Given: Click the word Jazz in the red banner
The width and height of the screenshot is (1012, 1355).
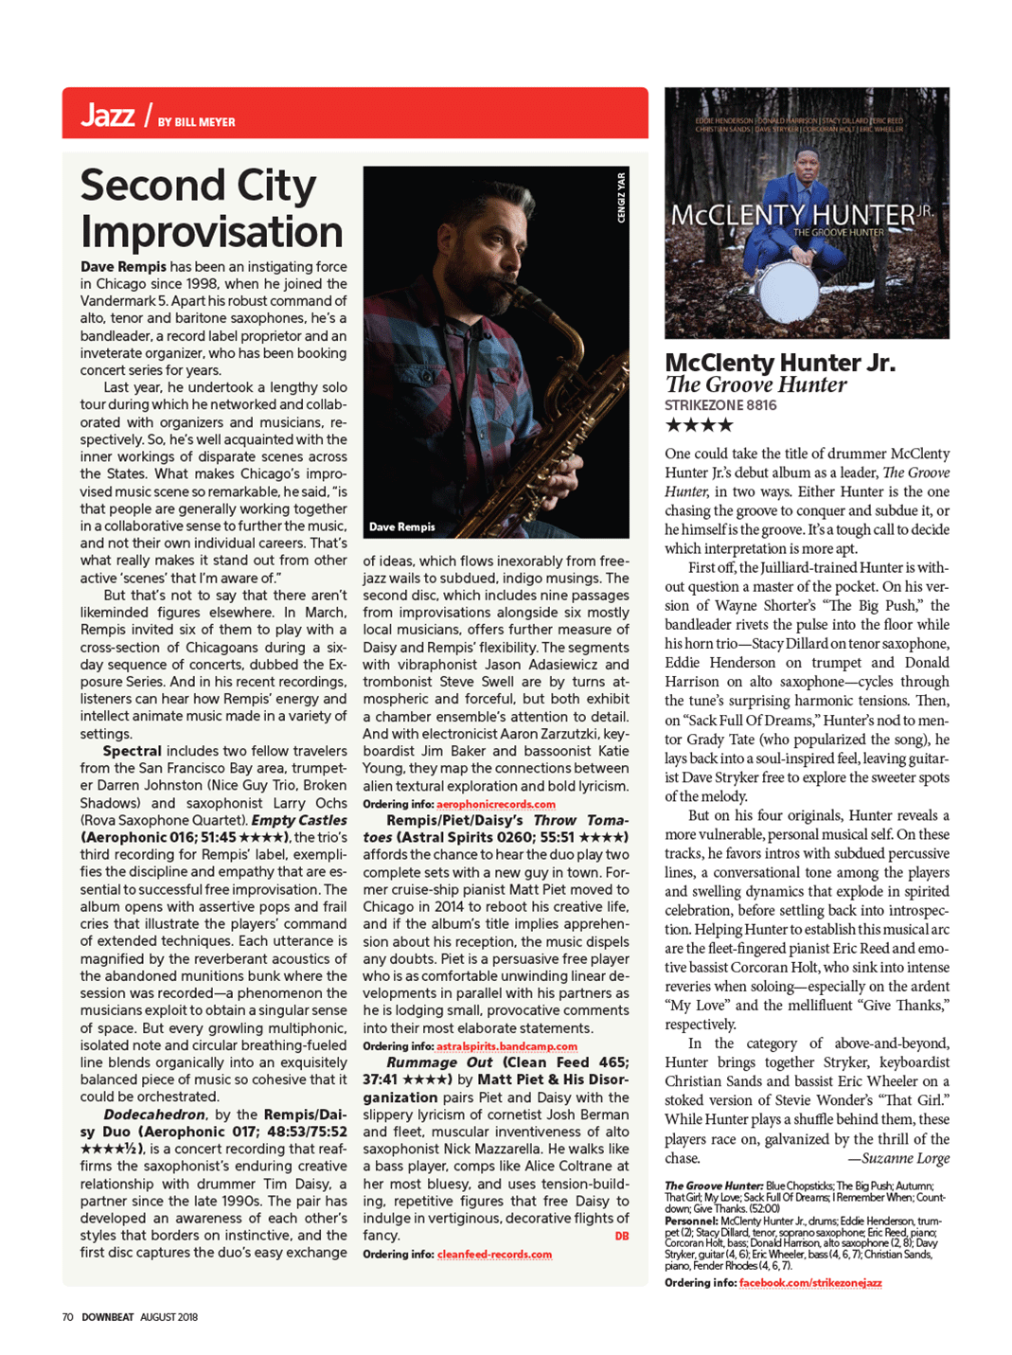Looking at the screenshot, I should point(107,116).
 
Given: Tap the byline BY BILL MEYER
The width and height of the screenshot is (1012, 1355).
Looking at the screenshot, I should point(197,122).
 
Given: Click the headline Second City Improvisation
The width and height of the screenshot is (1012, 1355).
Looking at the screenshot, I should point(211,208).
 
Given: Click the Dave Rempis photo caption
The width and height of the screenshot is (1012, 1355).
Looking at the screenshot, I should point(401,527).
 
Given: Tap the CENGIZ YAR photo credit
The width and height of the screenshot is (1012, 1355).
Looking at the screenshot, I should point(621,197).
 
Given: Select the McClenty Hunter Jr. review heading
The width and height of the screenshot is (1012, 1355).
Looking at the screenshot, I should point(779,363).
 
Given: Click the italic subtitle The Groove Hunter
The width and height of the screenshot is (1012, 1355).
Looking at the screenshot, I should point(755,384).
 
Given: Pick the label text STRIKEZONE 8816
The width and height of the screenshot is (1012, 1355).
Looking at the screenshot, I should point(720,405).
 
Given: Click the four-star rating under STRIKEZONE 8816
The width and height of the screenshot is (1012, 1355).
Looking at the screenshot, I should point(699,425).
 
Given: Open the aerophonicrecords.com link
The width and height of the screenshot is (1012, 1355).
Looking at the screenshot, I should point(496,804).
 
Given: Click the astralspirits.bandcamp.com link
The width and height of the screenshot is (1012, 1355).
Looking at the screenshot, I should point(506,1046).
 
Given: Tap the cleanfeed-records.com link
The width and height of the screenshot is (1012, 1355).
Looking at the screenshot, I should point(494,1254).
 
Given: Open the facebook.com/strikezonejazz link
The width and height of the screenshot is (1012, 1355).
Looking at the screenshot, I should point(810,1283).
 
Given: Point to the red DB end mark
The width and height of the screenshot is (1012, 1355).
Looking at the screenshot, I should point(621,1236).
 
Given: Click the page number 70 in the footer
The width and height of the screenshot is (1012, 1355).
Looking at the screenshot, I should point(67,1317).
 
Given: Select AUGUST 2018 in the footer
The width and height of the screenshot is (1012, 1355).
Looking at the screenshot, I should point(169,1317).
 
